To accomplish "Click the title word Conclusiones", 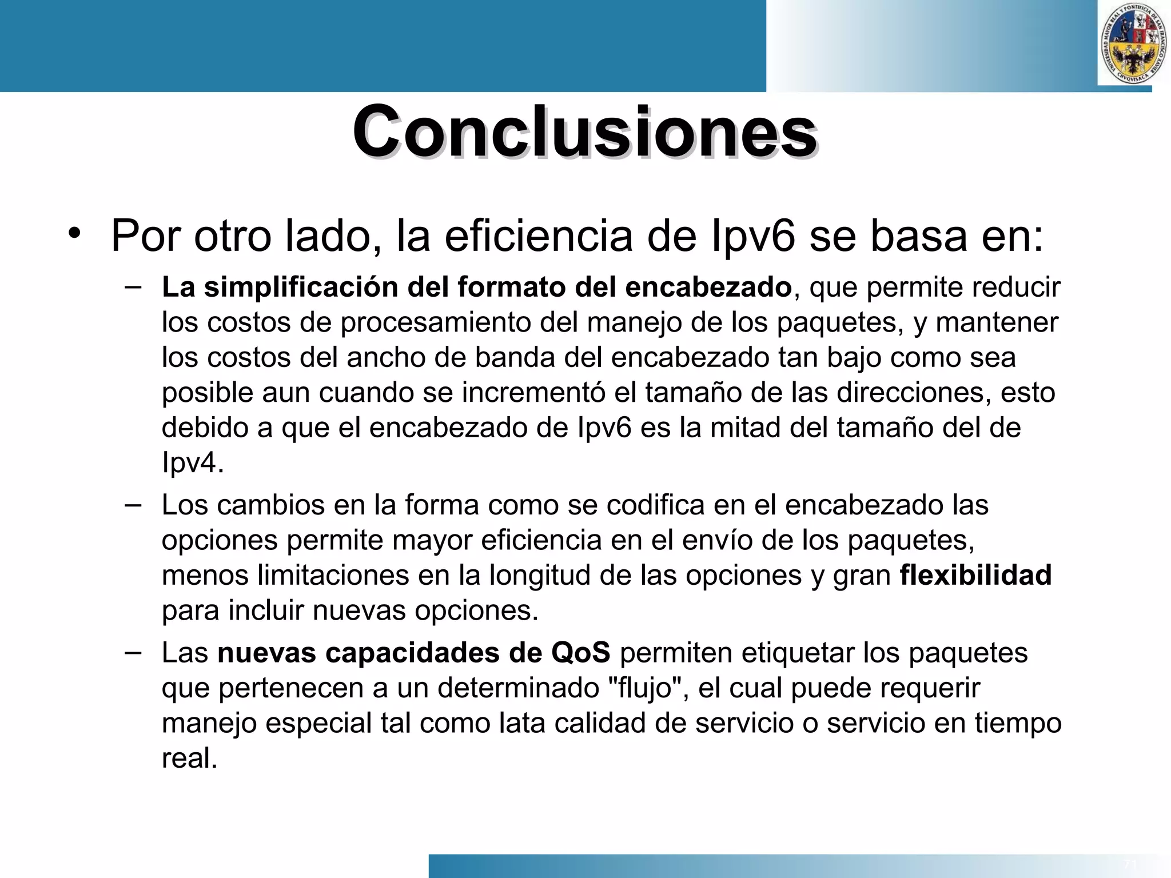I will point(584,133).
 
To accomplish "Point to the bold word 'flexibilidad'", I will point(975,575).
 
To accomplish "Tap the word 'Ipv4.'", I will point(192,463).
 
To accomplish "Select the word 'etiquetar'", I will point(798,653).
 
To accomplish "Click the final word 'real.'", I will point(189,759).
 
